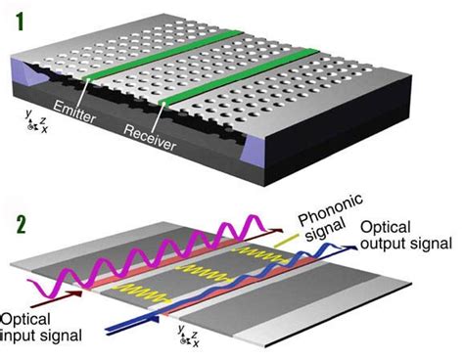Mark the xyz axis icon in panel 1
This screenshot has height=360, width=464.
click(30, 123)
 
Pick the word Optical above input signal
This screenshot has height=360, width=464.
click(25, 320)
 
